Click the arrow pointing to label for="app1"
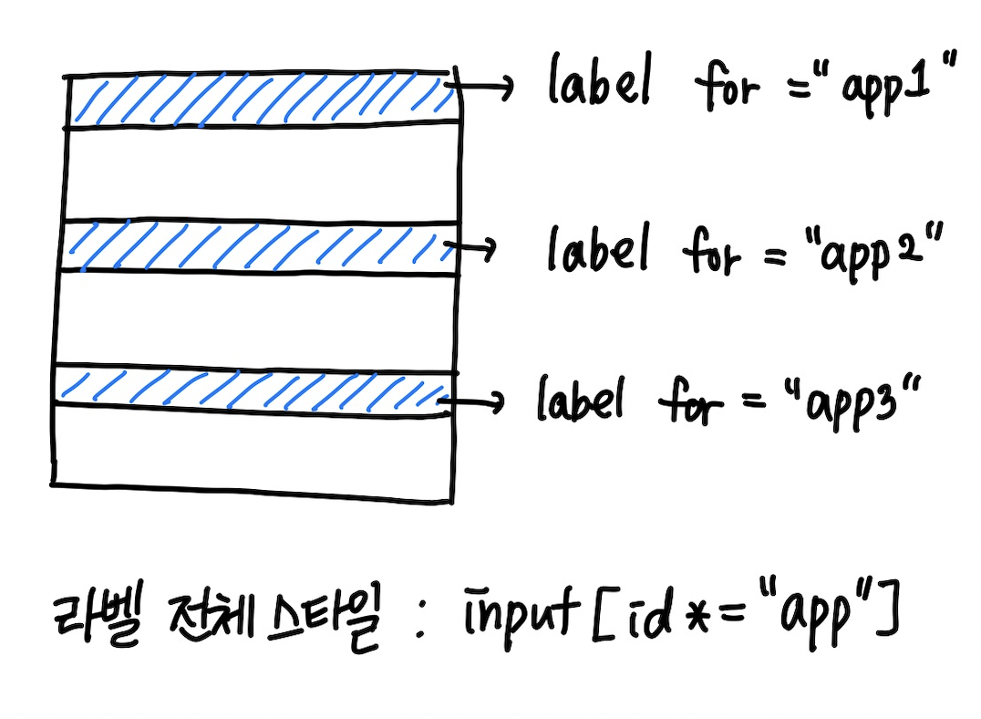point(481,88)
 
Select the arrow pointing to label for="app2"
point(470,246)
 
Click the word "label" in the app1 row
point(599,79)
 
